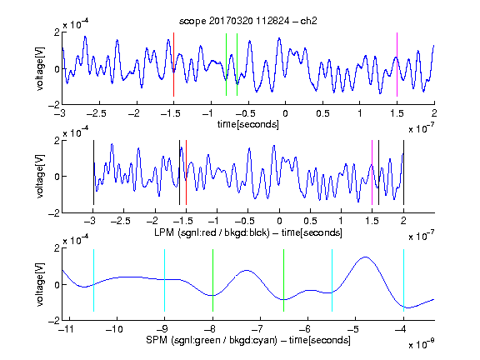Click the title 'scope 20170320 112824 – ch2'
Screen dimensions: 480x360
tap(248, 21)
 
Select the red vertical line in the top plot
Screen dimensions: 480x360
tap(173, 65)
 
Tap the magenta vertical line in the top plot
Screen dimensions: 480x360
tap(397, 65)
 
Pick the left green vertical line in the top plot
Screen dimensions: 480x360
tap(226, 65)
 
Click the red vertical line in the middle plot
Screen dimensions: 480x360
tap(186, 172)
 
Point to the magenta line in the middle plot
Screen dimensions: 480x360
tap(372, 172)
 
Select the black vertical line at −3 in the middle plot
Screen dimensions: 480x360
tap(93, 172)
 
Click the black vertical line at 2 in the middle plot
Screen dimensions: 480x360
tap(403, 172)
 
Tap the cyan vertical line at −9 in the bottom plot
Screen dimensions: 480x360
tap(164, 280)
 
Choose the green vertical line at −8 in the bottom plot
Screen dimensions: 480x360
tap(212, 280)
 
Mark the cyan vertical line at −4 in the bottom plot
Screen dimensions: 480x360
tap(403, 280)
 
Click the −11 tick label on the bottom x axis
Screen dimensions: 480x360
tap(66, 329)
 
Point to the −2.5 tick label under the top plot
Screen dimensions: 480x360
tap(96, 113)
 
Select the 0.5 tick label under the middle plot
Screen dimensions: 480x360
tap(310, 221)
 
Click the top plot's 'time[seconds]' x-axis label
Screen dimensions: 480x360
tap(248, 124)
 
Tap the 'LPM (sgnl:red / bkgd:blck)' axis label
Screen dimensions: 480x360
tap(212, 232)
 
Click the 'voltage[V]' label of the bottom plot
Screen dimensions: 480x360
tap(40, 284)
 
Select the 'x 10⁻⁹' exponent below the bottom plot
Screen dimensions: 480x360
tap(421, 344)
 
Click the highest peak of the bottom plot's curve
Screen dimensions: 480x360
tap(365, 257)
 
